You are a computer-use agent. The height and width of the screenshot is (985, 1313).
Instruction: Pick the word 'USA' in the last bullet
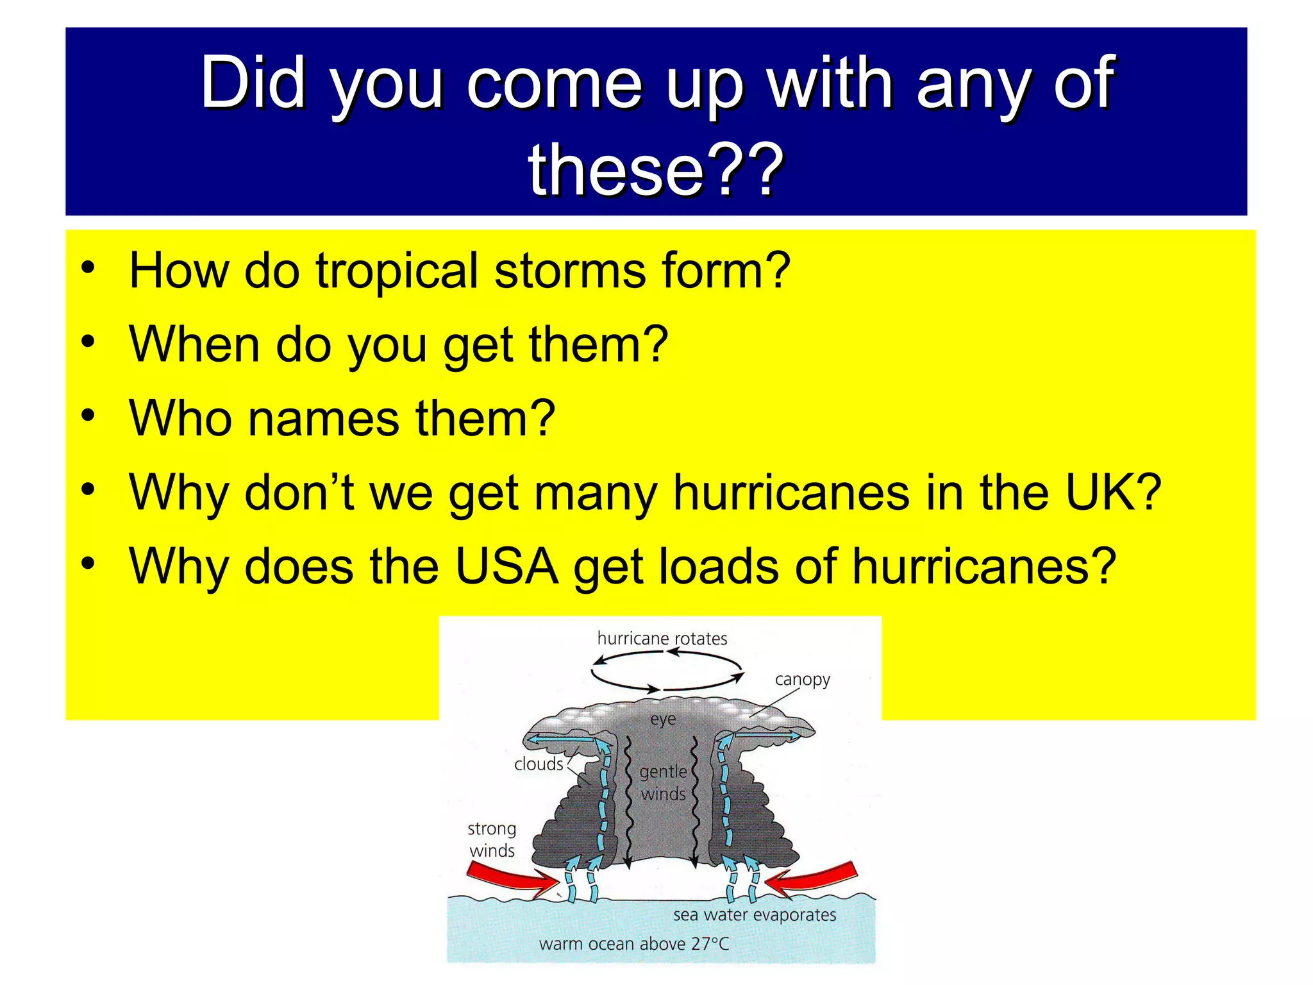[506, 567]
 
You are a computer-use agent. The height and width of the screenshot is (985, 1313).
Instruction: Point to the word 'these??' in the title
[655, 169]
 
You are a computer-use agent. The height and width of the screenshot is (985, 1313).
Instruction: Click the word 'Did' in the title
[253, 83]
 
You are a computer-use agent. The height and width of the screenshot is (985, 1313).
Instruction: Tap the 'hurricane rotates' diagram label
[662, 639]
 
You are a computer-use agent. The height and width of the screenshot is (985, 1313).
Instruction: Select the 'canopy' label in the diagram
[802, 680]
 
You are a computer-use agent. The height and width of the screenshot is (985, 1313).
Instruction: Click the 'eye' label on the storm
[663, 720]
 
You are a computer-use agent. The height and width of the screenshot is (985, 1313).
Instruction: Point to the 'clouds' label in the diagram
[539, 764]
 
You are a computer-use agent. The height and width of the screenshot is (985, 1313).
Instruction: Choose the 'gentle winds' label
[664, 783]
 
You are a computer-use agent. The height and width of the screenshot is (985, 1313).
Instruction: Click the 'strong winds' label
[492, 839]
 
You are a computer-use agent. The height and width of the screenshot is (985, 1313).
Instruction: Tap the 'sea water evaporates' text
[755, 915]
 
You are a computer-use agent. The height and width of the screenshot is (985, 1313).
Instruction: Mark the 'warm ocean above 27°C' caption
[634, 944]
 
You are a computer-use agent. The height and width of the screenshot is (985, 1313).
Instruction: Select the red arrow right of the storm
[811, 877]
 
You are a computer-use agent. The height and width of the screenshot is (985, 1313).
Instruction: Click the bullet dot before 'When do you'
[88, 342]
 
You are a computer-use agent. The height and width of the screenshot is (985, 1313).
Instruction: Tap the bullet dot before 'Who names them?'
[88, 416]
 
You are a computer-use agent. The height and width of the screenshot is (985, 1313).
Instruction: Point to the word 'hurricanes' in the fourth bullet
[791, 493]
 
